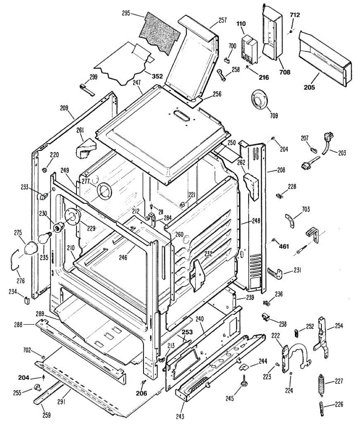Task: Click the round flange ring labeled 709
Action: coord(259,98)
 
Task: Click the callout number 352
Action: coord(157,76)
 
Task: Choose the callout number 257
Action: coord(222,20)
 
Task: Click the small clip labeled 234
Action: coord(27,299)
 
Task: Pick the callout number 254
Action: coord(338,326)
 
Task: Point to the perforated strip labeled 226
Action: coord(322,408)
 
